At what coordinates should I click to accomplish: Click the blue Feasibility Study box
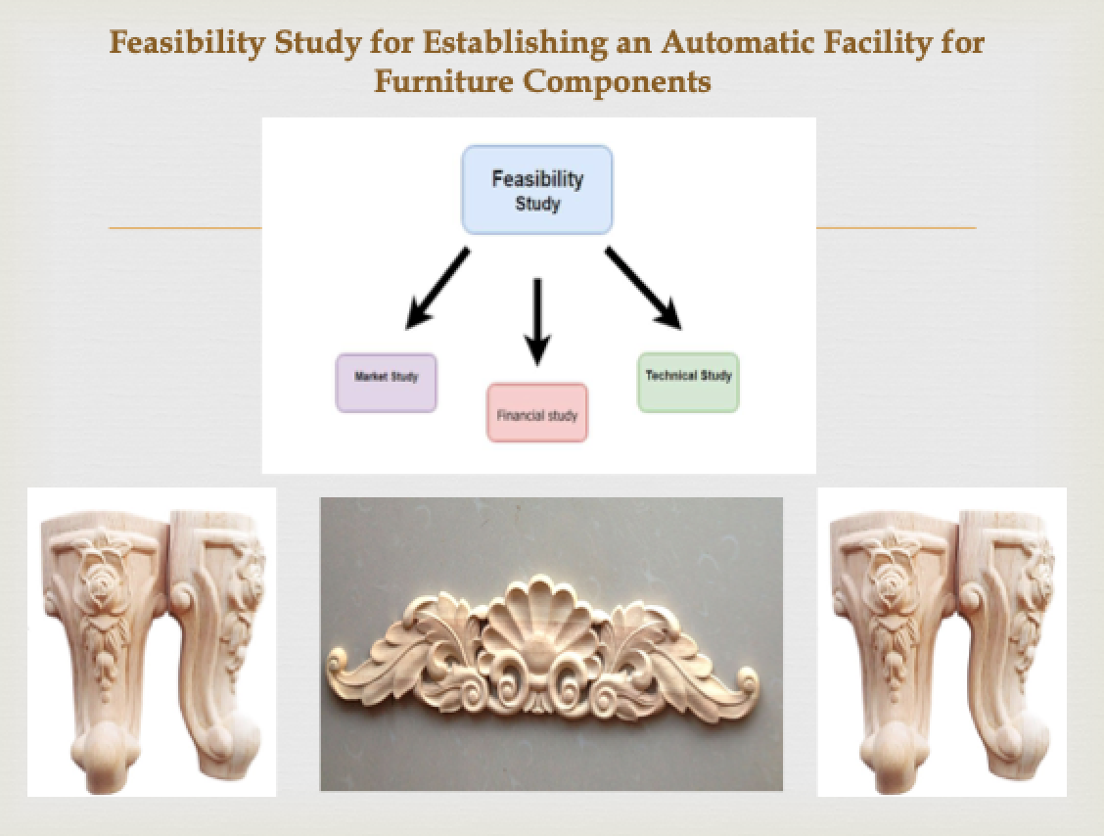click(x=536, y=190)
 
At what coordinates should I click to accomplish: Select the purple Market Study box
click(x=386, y=383)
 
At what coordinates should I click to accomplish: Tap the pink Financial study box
click(x=537, y=413)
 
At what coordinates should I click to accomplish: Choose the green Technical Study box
click(x=688, y=383)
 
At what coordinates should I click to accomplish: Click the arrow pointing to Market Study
click(x=437, y=288)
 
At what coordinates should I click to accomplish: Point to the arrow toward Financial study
click(x=537, y=322)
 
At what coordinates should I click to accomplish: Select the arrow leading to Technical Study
click(x=644, y=288)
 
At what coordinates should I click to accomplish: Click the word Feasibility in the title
click(x=187, y=44)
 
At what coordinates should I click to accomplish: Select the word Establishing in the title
click(x=515, y=44)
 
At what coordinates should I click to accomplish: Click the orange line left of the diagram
click(x=185, y=227)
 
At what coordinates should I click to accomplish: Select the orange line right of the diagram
click(x=897, y=227)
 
